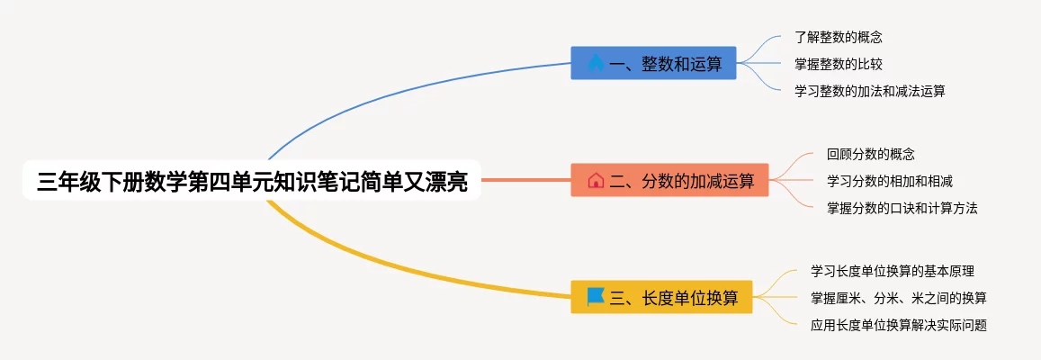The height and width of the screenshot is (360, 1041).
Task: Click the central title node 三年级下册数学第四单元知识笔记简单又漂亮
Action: click(x=252, y=181)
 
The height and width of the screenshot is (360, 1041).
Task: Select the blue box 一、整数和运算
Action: click(x=653, y=63)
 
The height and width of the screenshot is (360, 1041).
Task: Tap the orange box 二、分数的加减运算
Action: click(x=669, y=180)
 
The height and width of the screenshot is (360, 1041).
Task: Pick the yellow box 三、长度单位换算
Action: click(x=661, y=297)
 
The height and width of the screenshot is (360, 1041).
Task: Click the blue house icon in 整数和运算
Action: click(x=596, y=63)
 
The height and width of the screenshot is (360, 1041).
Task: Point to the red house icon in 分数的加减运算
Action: click(x=596, y=180)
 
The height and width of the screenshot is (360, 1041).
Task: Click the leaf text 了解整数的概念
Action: click(x=838, y=38)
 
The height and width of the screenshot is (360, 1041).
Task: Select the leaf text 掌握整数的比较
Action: click(x=838, y=64)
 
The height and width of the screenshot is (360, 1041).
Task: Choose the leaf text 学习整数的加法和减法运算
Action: click(x=869, y=91)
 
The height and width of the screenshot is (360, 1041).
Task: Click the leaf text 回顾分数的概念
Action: click(x=870, y=155)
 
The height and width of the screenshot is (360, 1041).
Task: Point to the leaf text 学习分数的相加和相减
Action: click(x=889, y=181)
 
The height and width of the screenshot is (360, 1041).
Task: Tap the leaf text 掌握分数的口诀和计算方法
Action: click(x=902, y=208)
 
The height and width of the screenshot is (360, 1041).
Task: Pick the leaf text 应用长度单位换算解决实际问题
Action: click(x=898, y=325)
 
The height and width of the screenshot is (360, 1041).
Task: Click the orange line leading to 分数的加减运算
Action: click(x=526, y=180)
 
